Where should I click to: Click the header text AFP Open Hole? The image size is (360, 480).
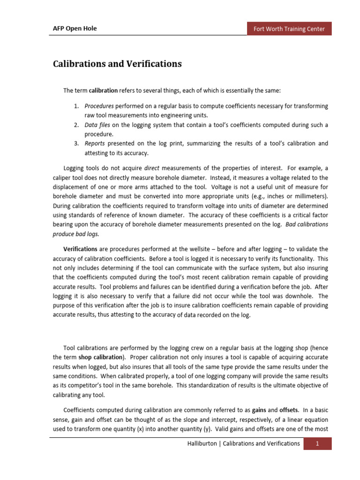[x=75, y=29]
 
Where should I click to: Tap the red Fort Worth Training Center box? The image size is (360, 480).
[x=289, y=29]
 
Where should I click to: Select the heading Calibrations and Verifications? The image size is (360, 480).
[x=117, y=64]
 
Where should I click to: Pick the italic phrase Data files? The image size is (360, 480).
[x=97, y=125]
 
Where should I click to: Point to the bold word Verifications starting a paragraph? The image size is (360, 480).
[x=80, y=249]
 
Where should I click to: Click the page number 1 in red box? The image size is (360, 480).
[x=317, y=444]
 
